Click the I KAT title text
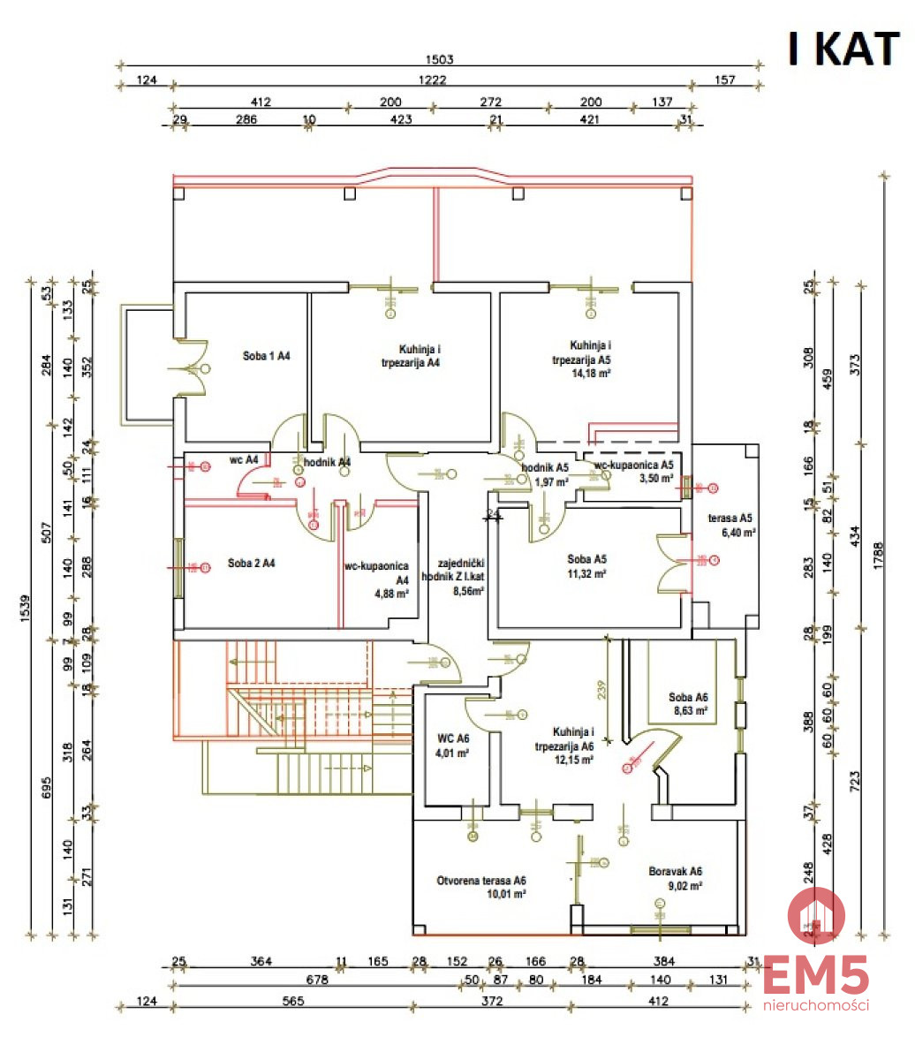843,49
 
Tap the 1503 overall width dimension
439,60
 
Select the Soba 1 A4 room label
267,356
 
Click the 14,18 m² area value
593,373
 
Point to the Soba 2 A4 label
251,563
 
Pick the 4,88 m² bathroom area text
389,594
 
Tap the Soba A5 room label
587,559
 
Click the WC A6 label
453,738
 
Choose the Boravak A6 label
676,871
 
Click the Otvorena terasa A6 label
481,881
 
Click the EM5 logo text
815,977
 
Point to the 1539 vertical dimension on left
25,609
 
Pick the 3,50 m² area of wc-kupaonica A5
656,478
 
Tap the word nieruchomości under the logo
815,1004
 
